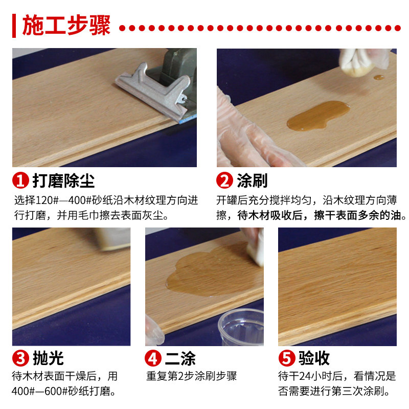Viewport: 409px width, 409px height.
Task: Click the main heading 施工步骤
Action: pos(66,25)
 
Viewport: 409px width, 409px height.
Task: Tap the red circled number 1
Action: pos(20,180)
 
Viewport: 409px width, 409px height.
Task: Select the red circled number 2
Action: pos(224,180)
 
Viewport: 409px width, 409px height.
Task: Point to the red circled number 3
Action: pos(20,358)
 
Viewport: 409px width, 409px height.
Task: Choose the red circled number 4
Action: pos(153,358)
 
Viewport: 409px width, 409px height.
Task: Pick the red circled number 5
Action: pos(287,358)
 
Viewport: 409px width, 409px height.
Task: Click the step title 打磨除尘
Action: pos(63,180)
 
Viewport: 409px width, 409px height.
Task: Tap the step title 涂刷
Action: pos(252,180)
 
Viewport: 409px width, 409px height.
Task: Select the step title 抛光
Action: pos(48,358)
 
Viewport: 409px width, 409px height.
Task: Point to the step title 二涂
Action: pos(180,358)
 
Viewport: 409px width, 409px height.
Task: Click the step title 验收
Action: pos(314,358)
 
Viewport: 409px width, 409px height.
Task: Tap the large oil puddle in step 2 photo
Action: pos(317,116)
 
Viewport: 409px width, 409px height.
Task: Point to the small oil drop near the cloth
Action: pos(379,78)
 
